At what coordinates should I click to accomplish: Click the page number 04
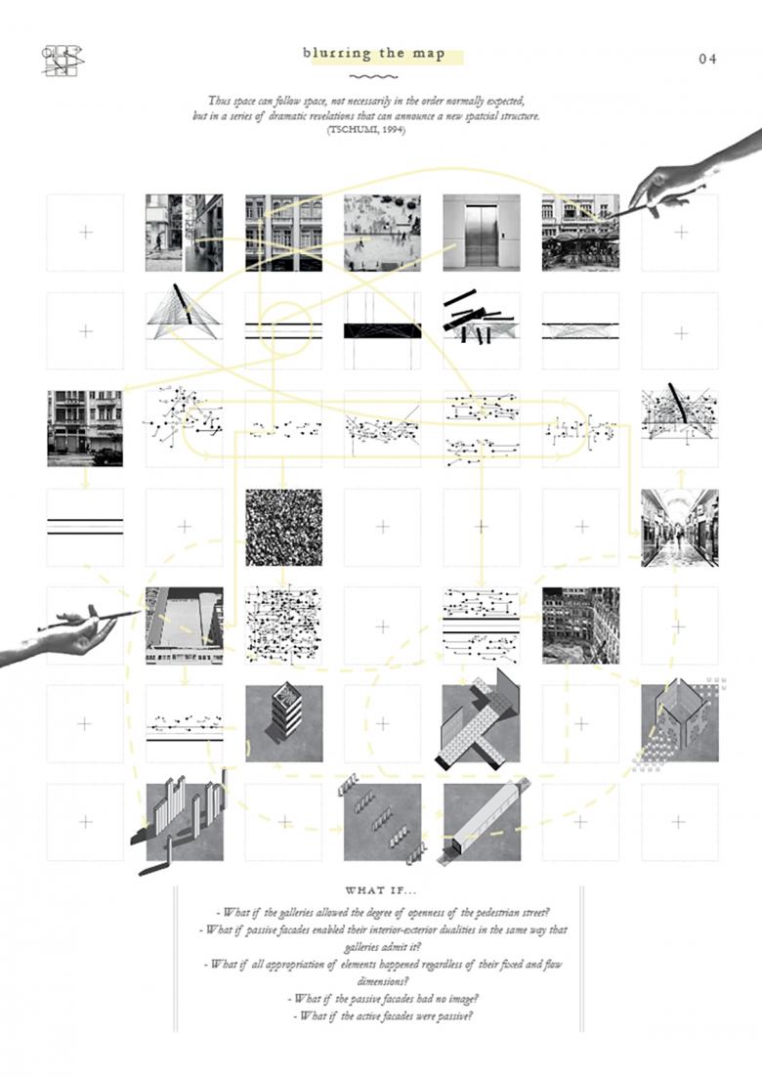click(707, 59)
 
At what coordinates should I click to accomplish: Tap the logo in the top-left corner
click(63, 61)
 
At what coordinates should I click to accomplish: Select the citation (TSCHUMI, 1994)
click(366, 130)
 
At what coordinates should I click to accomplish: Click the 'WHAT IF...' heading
click(380, 890)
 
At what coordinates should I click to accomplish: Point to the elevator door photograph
click(481, 233)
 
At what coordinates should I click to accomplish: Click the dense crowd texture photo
click(283, 528)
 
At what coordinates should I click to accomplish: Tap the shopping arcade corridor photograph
click(680, 528)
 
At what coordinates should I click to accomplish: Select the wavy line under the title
click(369, 77)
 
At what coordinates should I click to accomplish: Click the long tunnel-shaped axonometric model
click(487, 818)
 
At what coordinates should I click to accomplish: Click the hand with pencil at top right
click(687, 180)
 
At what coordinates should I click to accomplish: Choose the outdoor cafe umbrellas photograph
click(580, 233)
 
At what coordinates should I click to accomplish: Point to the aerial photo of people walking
click(382, 233)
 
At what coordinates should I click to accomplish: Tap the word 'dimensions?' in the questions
click(381, 982)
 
